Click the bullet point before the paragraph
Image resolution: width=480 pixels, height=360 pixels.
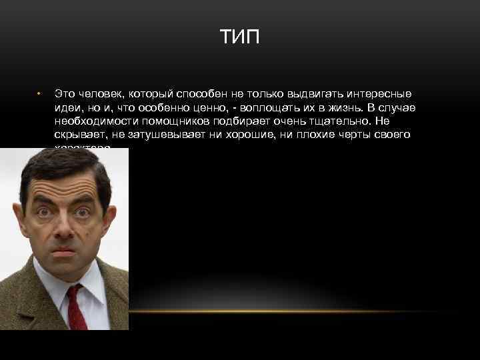tap(39, 93)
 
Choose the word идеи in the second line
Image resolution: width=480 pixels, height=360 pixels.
tap(68, 107)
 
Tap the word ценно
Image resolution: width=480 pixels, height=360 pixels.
tap(205, 107)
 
